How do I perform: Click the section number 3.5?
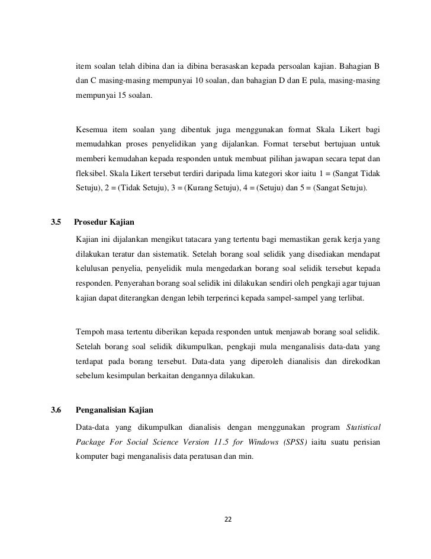pos(57,223)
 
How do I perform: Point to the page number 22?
pos(227,519)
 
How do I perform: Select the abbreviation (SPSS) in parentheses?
pos(290,443)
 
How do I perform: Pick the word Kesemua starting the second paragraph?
pos(92,130)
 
